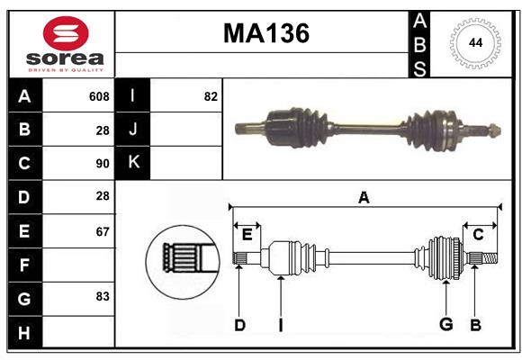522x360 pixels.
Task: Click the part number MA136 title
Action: click(x=265, y=33)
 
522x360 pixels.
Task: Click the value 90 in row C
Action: click(x=102, y=164)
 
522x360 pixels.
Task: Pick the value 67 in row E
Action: click(x=102, y=231)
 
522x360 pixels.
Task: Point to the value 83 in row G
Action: click(x=102, y=296)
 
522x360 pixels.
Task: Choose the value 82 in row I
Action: click(x=211, y=96)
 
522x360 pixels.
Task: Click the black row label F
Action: click(x=24, y=265)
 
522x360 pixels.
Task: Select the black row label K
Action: click(x=133, y=163)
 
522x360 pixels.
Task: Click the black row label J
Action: click(x=133, y=130)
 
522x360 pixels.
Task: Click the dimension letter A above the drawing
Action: click(x=364, y=197)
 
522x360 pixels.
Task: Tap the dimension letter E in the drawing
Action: click(x=247, y=235)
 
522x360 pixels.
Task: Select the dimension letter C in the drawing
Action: click(x=478, y=235)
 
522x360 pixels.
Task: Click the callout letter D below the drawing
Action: click(x=239, y=325)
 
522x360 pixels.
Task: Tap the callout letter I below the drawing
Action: click(x=280, y=325)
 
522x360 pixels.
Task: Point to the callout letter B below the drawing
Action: click(x=475, y=325)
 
